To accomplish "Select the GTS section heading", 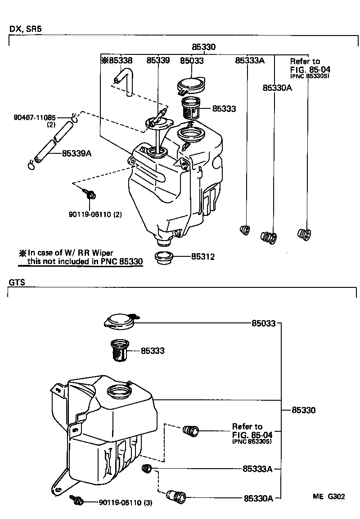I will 17,282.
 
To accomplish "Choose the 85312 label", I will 202,257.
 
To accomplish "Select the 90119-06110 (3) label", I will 126,502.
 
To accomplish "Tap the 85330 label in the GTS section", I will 303,410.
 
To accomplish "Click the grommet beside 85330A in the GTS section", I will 175,497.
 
